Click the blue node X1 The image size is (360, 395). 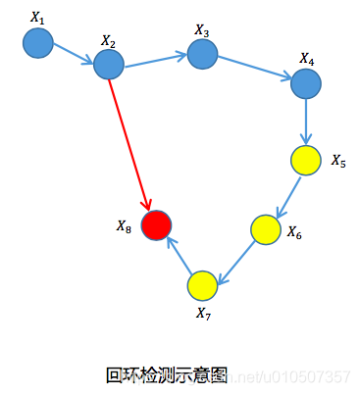pyautogui.click(x=37, y=42)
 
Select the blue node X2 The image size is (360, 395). pyautogui.click(x=108, y=65)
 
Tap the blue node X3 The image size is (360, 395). pyautogui.click(x=202, y=54)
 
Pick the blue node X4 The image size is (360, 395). pyautogui.click(x=306, y=83)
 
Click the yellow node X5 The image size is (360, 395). pyautogui.click(x=306, y=159)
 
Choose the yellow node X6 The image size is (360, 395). pyautogui.click(x=266, y=229)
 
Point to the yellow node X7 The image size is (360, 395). pyautogui.click(x=202, y=284)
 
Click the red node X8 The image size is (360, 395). pyautogui.click(x=156, y=224)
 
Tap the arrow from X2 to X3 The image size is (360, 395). pyautogui.click(x=155, y=60)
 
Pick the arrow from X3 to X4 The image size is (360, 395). pyautogui.click(x=254, y=69)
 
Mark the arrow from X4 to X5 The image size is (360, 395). pyautogui.click(x=306, y=122)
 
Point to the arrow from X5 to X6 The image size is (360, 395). pyautogui.click(x=286, y=194)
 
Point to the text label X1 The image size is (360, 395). pyautogui.click(x=38, y=17)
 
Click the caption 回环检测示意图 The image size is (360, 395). pyautogui.click(x=166, y=374)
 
